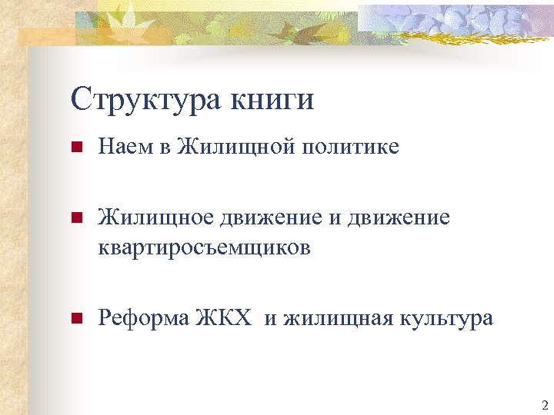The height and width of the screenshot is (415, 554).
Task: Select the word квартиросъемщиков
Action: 204,247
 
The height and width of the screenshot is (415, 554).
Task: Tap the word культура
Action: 446,318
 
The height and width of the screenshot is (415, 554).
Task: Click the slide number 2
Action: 544,405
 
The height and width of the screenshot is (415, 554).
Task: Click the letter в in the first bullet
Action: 165,146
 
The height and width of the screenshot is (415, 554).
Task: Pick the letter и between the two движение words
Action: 333,218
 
